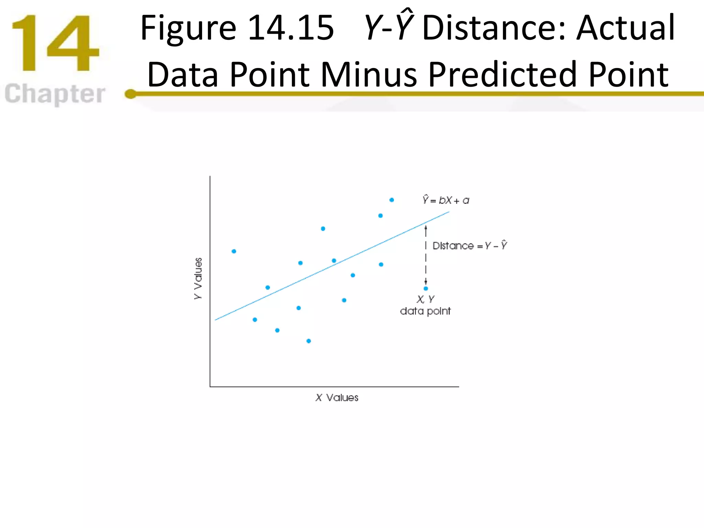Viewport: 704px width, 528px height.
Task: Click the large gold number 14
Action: (55, 43)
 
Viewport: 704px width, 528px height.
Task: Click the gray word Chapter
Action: (55, 93)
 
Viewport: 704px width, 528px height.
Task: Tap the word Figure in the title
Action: (188, 28)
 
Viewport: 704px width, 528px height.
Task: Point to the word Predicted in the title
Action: (502, 74)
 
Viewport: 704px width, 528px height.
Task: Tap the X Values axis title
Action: (337, 398)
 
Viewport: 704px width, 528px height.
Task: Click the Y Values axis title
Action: (198, 278)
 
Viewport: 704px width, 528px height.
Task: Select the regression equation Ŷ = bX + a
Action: (446, 200)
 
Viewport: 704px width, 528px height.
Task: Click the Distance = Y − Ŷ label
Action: (470, 245)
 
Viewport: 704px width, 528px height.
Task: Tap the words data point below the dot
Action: (425, 311)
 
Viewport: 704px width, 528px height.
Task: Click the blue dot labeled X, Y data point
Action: (426, 288)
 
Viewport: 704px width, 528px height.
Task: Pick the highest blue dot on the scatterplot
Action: (392, 200)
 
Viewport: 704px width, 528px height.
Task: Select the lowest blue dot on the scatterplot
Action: (309, 341)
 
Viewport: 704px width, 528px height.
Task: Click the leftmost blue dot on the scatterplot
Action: (234, 251)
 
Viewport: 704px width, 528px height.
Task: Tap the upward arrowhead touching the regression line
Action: (426, 228)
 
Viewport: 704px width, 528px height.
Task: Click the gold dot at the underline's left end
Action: (130, 93)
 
